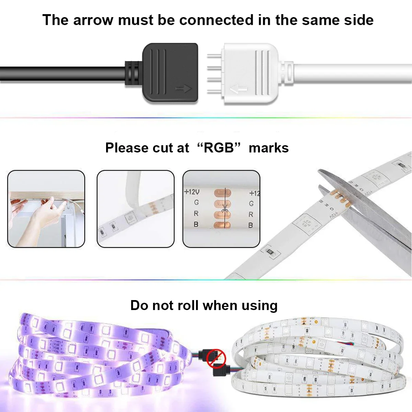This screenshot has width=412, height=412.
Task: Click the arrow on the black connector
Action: (183, 89)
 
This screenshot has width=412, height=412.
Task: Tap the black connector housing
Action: (170, 72)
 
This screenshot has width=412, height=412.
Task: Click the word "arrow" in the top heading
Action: (93, 20)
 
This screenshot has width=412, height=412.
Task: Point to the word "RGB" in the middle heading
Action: (219, 148)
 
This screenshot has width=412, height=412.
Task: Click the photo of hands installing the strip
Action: (46, 209)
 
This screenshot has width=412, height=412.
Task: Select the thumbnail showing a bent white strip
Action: (135, 209)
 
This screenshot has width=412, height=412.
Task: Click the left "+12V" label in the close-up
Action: (192, 192)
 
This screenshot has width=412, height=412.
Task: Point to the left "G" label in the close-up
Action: (196, 203)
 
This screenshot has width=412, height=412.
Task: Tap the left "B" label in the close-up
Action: (196, 224)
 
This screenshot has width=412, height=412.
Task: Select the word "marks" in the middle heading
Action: (268, 148)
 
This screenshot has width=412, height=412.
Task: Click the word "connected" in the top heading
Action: (216, 20)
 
